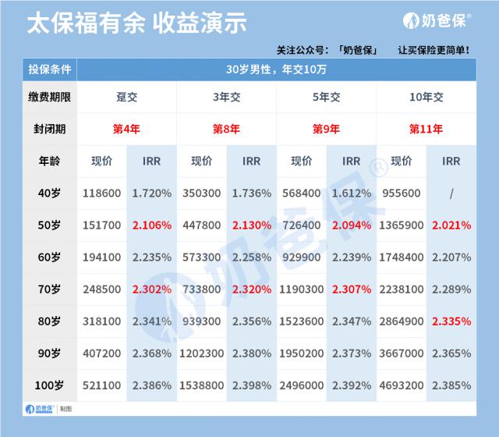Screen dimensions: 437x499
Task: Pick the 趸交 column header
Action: (x=127, y=98)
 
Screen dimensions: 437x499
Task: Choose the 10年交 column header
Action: (x=426, y=98)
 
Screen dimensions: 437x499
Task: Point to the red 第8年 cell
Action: (x=227, y=129)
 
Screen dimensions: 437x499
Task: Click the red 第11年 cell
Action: (x=426, y=129)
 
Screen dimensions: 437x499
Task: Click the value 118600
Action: (x=101, y=194)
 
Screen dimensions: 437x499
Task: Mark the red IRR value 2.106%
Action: (x=152, y=226)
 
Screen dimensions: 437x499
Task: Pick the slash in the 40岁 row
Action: (x=451, y=194)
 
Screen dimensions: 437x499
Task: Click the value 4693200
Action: (x=402, y=385)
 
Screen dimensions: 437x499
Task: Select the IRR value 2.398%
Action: (x=252, y=385)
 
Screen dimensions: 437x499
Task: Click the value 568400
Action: (x=302, y=194)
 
